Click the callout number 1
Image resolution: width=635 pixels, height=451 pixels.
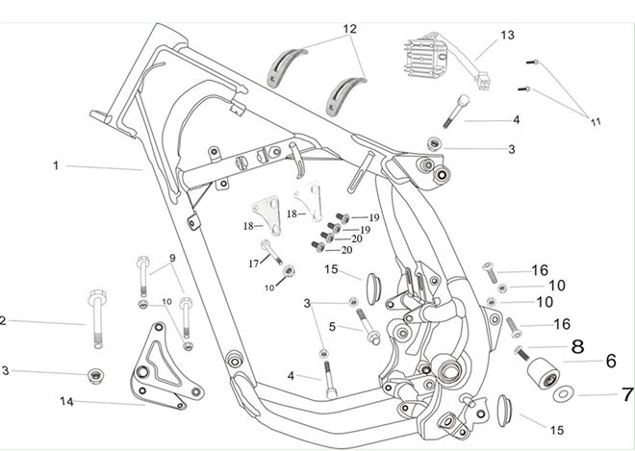click(x=56, y=165)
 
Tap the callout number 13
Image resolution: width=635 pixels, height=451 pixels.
click(x=508, y=35)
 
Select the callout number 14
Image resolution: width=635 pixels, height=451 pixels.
click(x=67, y=401)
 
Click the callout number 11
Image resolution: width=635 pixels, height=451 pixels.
click(x=595, y=122)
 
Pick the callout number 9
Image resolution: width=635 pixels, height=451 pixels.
click(x=173, y=258)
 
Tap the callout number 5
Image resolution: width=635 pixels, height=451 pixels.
click(x=331, y=327)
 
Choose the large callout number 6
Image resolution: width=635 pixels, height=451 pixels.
click(x=610, y=363)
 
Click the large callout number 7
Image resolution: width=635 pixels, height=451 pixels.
click(x=627, y=393)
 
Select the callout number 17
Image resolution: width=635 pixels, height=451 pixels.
click(x=253, y=263)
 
